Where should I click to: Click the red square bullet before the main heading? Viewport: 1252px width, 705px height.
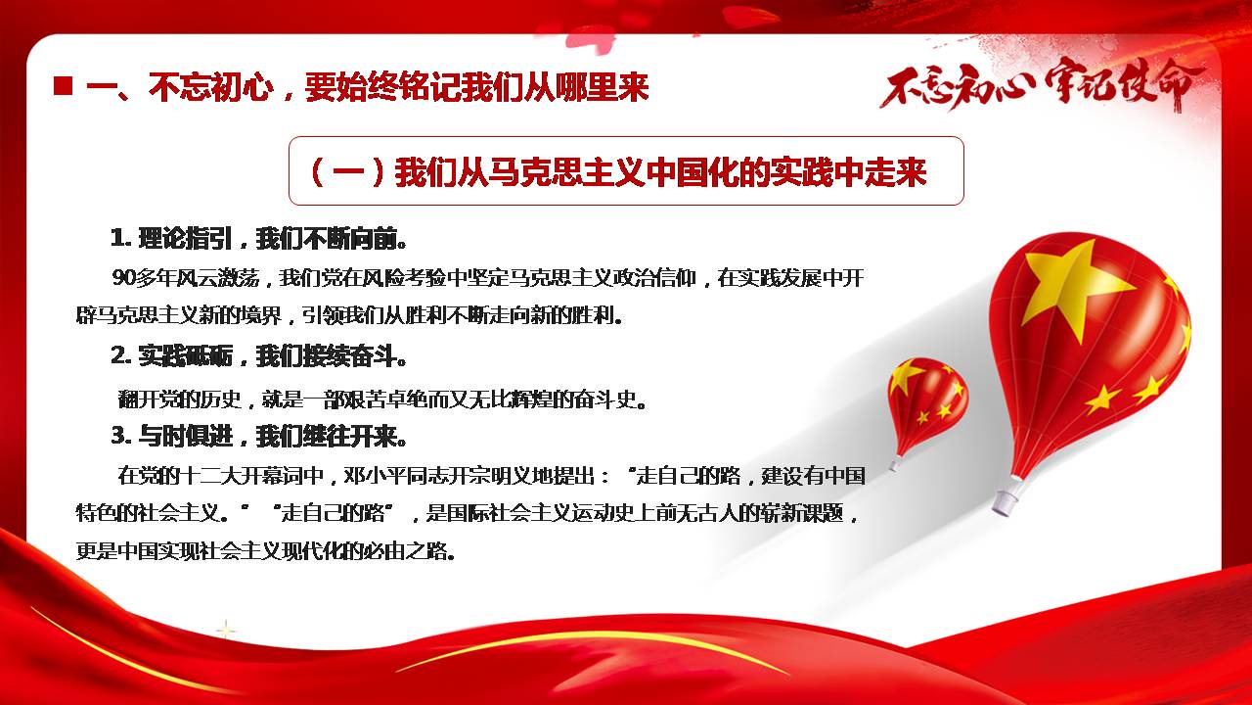64,86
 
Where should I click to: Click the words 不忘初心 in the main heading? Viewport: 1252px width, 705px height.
211,87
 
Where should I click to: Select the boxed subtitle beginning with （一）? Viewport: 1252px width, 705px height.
626,170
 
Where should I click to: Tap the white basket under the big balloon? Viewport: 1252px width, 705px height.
1006,500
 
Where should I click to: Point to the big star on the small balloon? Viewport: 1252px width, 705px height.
906,377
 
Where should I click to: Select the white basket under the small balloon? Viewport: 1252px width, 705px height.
895,463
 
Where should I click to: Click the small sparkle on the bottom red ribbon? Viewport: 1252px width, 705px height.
226,631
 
